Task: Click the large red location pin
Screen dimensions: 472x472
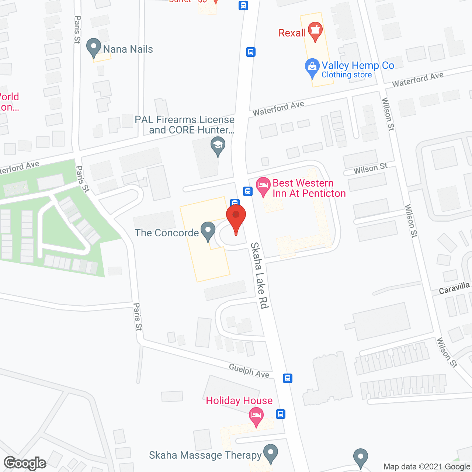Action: pos(236,218)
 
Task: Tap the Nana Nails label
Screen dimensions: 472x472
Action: pos(128,49)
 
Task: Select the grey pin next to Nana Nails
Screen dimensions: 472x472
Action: pos(94,48)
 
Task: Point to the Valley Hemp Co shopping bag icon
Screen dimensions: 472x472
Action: pos(312,67)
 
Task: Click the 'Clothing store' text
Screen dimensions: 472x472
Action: pos(347,75)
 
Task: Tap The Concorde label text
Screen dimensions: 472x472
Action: pos(167,233)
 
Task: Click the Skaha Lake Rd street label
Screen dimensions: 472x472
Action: pos(260,275)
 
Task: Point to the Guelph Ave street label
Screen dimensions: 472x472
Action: pos(249,370)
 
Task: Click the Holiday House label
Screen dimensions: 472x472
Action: pos(239,400)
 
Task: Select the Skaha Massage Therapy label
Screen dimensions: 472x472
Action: pos(205,455)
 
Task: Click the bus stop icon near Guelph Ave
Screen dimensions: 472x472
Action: pos(288,378)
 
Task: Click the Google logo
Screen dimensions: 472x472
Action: pos(25,463)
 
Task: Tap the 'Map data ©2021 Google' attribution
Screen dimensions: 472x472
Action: pos(427,466)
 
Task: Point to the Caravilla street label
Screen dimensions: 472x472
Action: pos(454,288)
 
